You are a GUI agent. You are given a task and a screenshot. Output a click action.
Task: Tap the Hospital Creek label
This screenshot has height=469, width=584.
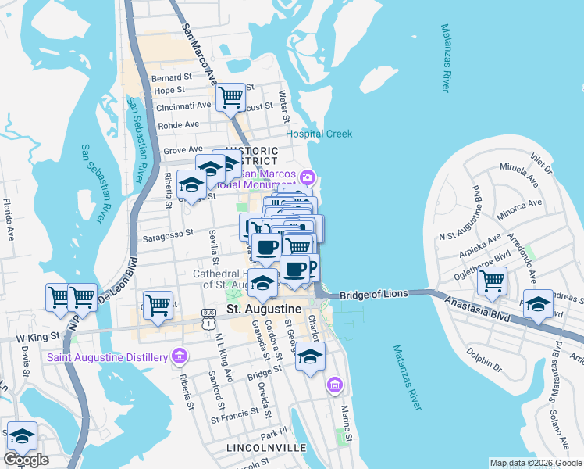[x=319, y=134]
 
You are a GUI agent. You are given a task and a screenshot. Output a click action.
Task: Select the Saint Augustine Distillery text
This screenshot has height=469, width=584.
[x=108, y=357]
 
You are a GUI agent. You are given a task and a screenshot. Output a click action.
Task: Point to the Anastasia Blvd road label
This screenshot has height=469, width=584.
[x=473, y=309]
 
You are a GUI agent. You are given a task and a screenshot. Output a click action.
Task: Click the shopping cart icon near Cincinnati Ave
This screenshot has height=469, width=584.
[x=231, y=98]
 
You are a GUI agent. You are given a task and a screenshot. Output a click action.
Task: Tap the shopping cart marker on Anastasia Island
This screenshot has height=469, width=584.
[x=492, y=281]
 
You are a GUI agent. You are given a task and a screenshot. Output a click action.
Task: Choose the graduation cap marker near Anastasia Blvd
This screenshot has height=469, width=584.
[x=538, y=304]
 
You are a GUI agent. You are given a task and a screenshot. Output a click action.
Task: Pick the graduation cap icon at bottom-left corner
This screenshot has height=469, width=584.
[x=22, y=436]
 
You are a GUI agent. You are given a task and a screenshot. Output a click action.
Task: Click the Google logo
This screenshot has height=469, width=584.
[x=26, y=460]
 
